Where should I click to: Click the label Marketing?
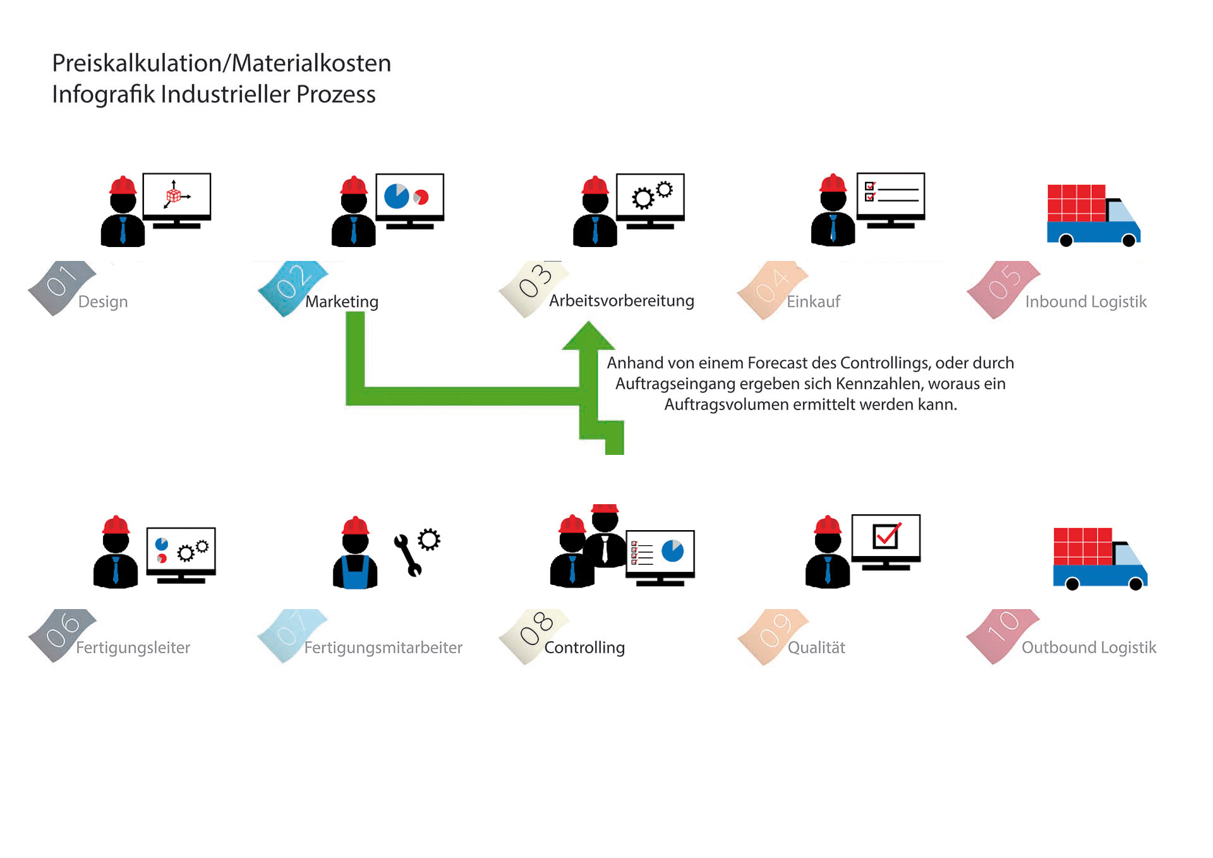342,302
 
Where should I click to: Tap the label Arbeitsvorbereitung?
621,301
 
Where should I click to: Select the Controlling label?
584,648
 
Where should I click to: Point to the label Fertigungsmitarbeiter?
383,648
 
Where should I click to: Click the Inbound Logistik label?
1085,302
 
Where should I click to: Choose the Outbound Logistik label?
1089,648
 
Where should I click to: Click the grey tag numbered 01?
61,286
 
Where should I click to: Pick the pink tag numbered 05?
1003,288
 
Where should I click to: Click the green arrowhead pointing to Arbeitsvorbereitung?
588,336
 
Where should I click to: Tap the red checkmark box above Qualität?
886,536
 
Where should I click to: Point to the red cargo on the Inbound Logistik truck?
1076,202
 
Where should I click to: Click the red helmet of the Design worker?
123,185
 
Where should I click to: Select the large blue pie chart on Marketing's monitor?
397,196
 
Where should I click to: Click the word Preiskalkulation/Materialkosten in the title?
221,63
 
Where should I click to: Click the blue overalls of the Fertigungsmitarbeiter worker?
355,572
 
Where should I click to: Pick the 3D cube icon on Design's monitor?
173,196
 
